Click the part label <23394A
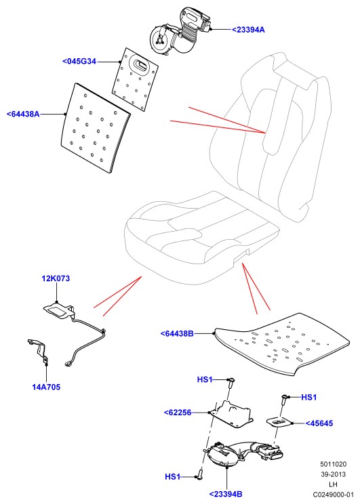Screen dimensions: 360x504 tap(248, 30)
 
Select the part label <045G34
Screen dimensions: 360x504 tap(79, 61)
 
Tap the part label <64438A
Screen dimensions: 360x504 tap(23, 114)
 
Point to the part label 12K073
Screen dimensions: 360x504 tap(56, 278)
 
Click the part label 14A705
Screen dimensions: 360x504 tap(46, 387)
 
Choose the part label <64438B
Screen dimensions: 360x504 tap(177, 334)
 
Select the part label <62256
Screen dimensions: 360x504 tap(177, 413)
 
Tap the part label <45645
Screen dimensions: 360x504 tap(319, 423)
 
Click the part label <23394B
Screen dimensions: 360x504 tap(226, 494)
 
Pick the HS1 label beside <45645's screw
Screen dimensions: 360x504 tap(309, 397)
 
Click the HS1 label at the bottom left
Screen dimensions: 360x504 tap(172, 477)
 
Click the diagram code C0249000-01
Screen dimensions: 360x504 tap(334, 495)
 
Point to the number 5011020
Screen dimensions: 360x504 tap(334, 464)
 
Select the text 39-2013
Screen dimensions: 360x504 tap(334, 474)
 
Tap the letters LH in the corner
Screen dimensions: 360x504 tap(334, 484)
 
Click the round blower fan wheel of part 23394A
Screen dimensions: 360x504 tap(160, 41)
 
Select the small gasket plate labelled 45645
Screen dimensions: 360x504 tap(279, 422)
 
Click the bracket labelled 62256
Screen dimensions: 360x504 tap(232, 414)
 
